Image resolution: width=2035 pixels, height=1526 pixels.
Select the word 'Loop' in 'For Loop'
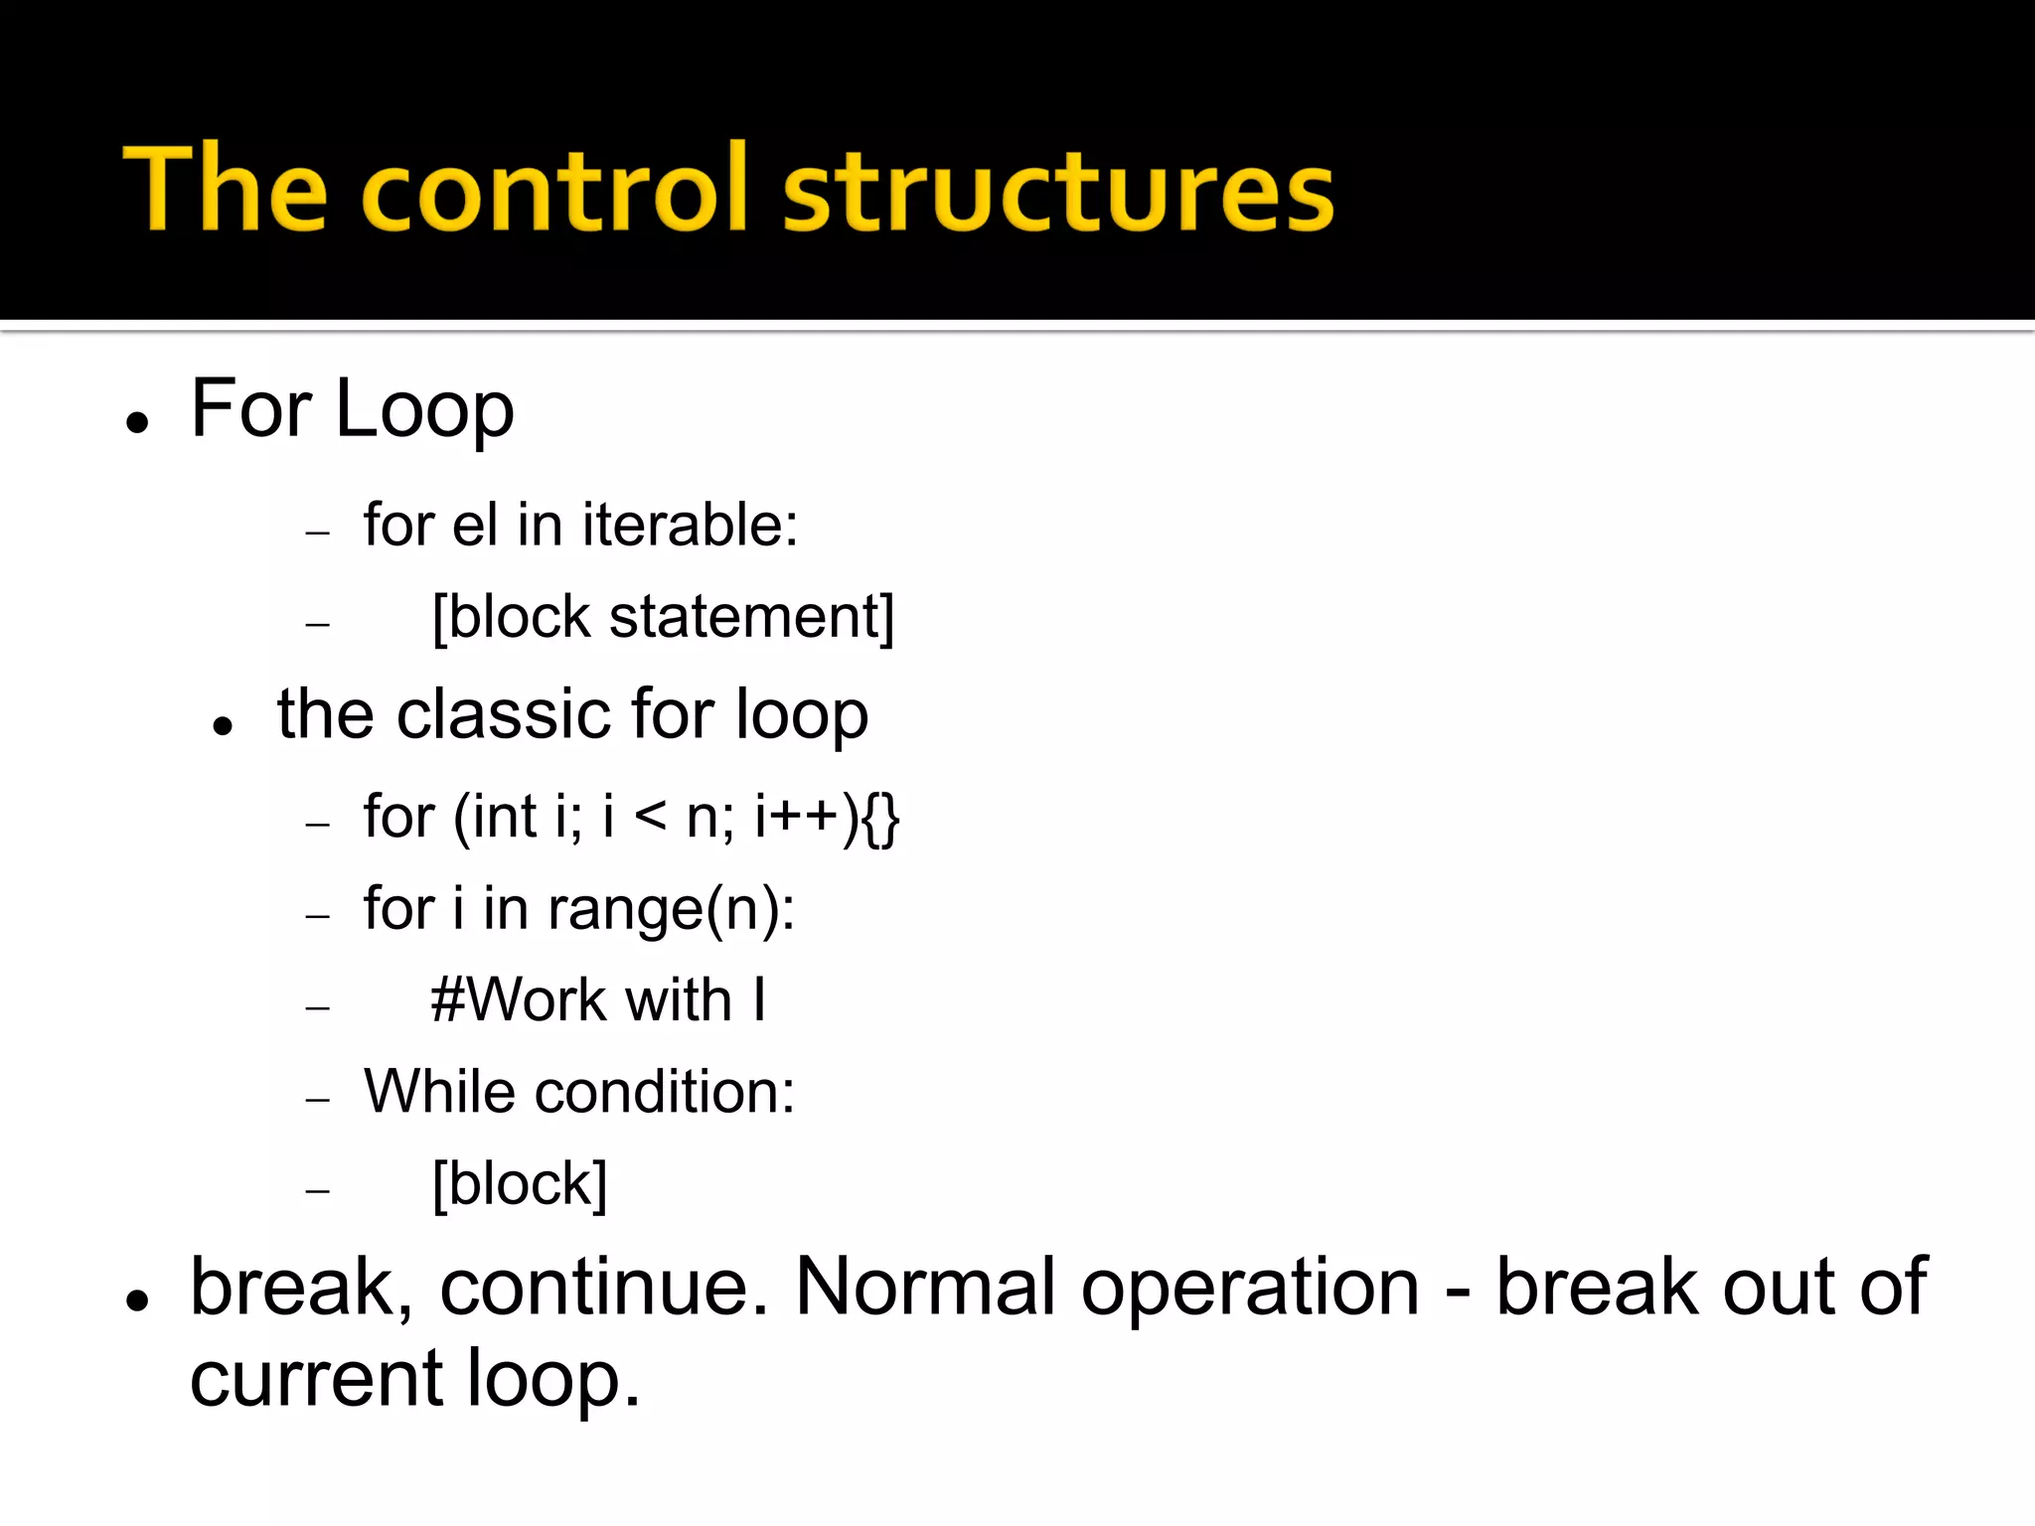424,409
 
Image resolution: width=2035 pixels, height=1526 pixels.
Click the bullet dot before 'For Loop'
138,422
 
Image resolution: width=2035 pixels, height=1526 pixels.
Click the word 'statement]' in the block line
751,617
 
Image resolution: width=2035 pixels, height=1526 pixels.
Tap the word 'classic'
506,714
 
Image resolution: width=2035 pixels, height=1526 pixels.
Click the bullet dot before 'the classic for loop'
223,726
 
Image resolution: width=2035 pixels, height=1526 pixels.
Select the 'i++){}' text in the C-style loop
827,817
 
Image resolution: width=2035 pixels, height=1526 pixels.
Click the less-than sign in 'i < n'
650,817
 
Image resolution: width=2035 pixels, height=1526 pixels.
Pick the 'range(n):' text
671,909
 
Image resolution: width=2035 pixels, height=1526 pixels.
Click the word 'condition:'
665,1092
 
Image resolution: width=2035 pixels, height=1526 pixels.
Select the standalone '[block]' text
520,1184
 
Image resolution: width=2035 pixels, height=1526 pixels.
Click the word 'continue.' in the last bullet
604,1288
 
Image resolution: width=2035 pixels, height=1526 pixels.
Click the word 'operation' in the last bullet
1250,1288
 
